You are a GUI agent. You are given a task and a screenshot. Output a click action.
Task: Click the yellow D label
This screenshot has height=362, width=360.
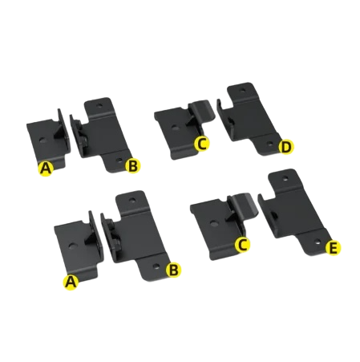[285, 148]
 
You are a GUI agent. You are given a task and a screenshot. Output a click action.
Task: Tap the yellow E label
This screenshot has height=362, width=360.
[334, 248]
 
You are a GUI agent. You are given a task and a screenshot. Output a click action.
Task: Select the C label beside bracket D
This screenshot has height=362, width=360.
[201, 144]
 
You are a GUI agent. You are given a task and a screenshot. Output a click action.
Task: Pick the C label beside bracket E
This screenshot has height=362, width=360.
[242, 245]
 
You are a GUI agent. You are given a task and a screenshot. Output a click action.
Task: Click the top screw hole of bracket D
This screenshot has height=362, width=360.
[242, 91]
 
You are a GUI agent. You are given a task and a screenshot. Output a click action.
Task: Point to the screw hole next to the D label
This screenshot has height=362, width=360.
[270, 144]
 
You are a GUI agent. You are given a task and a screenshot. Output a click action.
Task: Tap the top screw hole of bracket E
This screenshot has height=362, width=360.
[285, 177]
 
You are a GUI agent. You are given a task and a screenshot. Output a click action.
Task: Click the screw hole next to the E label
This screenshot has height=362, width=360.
[318, 242]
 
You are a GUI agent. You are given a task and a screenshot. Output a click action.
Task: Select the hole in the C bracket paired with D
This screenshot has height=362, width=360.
[175, 128]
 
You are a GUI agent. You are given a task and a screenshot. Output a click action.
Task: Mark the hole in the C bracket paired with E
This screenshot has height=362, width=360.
[214, 223]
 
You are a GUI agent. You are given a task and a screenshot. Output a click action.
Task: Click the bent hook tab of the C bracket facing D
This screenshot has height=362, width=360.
[204, 110]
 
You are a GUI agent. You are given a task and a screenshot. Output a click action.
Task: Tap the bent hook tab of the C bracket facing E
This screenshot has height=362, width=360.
[245, 204]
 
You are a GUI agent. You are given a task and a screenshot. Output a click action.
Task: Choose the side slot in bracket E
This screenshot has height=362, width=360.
[273, 215]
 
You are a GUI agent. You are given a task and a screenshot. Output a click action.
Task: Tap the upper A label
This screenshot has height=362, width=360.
[46, 169]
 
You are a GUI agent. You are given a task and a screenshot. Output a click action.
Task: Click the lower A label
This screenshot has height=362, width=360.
[71, 282]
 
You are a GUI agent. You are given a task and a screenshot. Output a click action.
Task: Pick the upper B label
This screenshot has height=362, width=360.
[132, 166]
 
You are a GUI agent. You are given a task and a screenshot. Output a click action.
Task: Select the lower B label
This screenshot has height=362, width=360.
[173, 270]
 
